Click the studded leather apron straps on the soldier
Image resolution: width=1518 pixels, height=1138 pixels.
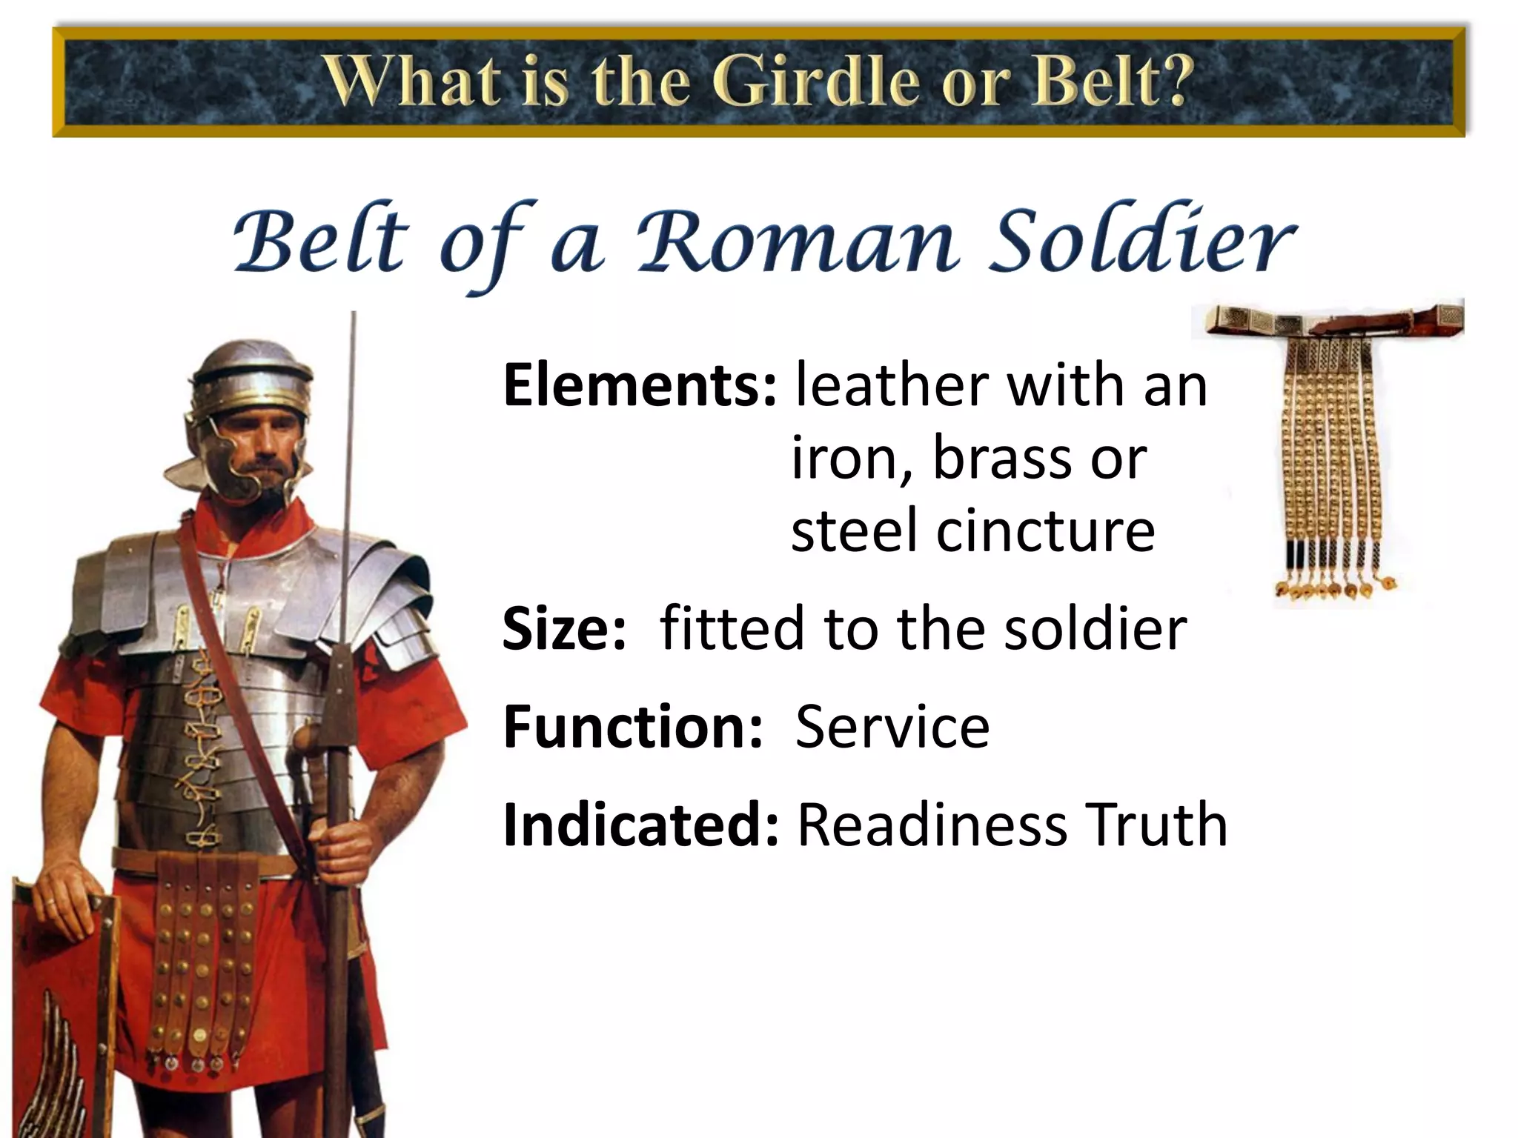click(200, 963)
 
